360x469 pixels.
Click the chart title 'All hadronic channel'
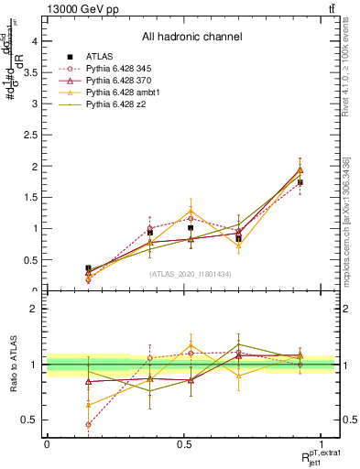click(191, 38)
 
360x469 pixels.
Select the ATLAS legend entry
click(101, 57)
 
